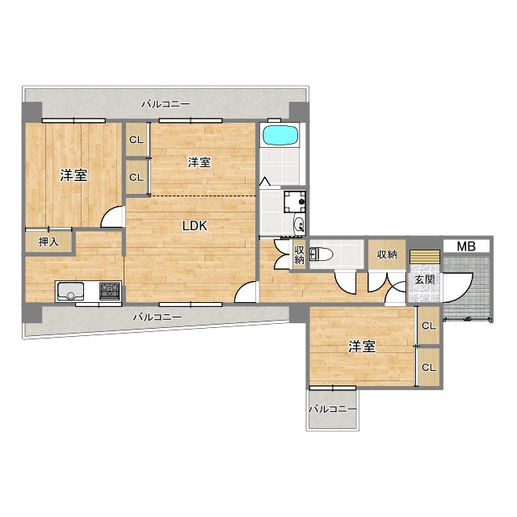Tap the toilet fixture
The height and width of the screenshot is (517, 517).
pos(321,254)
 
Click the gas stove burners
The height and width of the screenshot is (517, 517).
pos(110,291)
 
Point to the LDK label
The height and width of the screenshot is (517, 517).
pos(195,226)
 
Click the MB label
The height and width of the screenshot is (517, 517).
pos(466,246)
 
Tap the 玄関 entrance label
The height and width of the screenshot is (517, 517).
pos(424,280)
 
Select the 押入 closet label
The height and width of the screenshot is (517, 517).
pos(48,242)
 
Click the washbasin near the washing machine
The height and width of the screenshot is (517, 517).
pos(300,224)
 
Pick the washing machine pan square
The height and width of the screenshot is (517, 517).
pos(294,202)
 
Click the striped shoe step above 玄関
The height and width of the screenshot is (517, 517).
pos(425,257)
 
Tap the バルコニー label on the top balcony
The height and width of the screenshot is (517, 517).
pos(166,104)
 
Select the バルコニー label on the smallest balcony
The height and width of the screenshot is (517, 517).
pos(333,410)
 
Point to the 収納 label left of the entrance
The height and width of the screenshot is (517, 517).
pos(387,254)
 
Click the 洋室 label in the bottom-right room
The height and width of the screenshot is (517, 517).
pos(362,347)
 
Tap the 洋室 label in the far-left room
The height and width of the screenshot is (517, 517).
pos(74,175)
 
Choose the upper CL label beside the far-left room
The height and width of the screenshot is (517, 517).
pos(137,140)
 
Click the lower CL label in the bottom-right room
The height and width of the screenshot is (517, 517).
pos(429,367)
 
